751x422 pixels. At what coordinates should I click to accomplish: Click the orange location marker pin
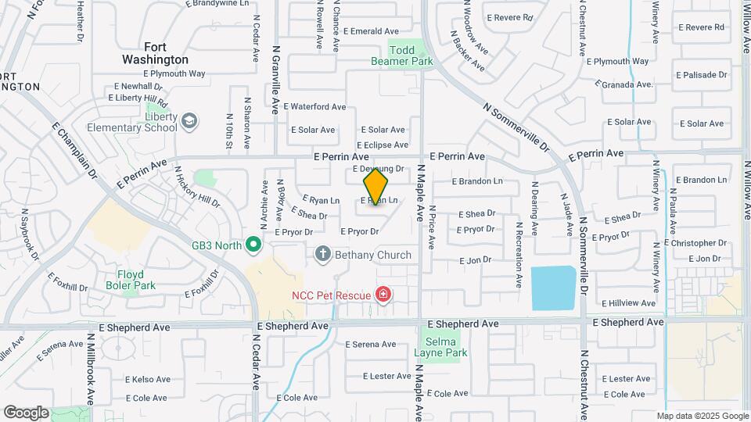375,187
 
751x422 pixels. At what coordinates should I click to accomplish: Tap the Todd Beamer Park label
411,55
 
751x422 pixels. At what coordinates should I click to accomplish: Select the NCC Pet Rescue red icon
383,295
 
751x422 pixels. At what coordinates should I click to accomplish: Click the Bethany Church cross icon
322,254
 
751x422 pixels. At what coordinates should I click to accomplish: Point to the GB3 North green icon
253,245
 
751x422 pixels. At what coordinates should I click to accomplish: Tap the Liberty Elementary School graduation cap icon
189,120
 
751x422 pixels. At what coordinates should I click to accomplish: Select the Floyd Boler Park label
131,280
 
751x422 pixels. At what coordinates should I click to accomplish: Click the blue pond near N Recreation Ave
553,288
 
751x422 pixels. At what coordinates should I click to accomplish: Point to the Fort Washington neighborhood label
155,53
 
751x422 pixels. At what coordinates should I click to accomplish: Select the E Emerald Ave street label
374,31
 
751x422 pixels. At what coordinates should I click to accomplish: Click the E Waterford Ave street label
314,106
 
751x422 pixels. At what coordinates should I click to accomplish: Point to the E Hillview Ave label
627,303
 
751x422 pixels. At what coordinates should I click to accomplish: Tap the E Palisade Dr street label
702,76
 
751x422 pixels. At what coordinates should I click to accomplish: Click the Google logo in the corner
26,413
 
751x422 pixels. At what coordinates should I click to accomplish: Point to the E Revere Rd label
509,17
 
